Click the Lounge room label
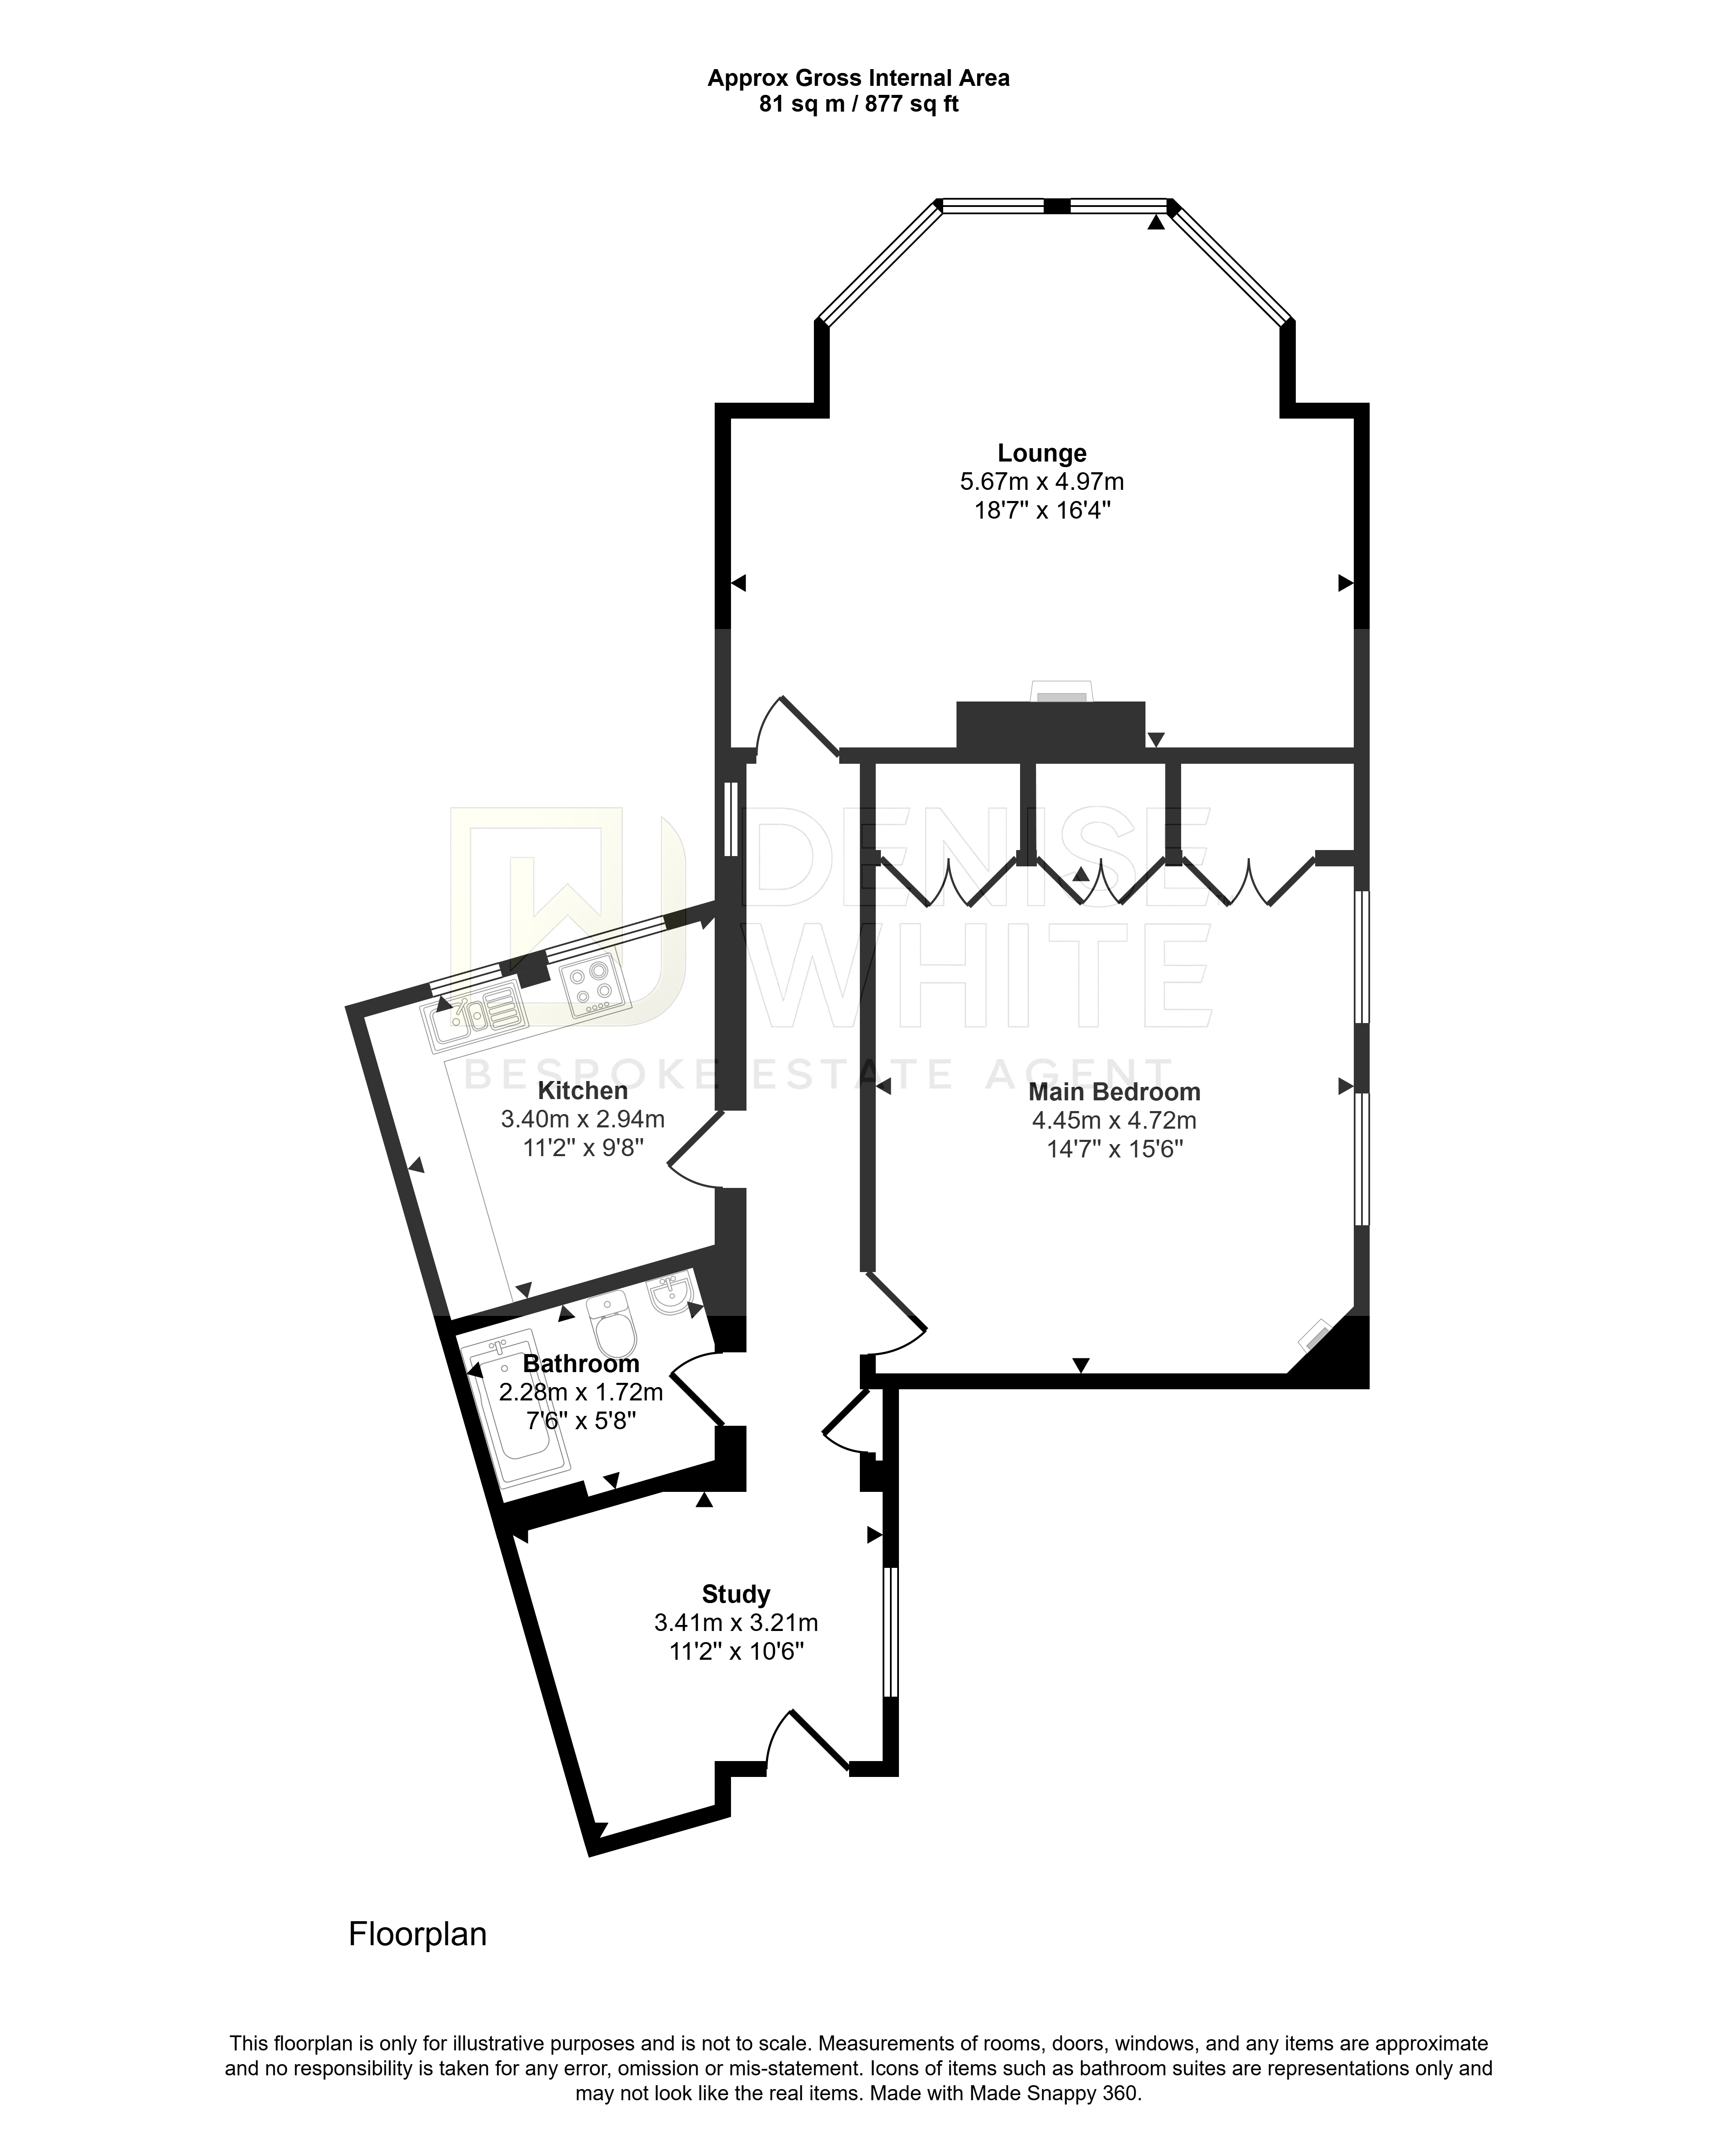1042,453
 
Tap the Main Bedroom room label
1114,1092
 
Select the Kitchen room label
582,1091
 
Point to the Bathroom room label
581,1364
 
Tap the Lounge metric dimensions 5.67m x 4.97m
1042,482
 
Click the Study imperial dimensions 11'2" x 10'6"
736,1652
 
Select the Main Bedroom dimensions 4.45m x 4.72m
1114,1121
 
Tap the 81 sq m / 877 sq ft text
859,104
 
